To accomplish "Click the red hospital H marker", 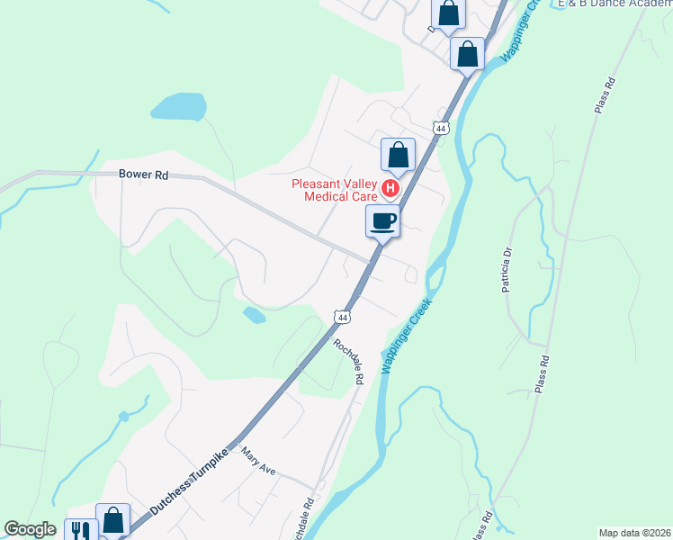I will click(x=390, y=188).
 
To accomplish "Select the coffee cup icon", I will click(x=382, y=220).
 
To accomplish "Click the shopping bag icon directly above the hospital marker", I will click(x=398, y=155).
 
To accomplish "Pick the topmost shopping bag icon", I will click(x=449, y=14).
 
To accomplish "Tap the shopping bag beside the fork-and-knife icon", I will click(x=113, y=520).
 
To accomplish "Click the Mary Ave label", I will click(x=258, y=464).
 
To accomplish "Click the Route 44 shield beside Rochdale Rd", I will click(x=341, y=317).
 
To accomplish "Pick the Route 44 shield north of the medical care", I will click(x=439, y=129).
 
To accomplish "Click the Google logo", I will click(x=30, y=529).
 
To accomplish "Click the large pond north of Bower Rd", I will click(x=180, y=106).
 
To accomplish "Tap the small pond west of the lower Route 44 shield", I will click(x=255, y=315).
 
